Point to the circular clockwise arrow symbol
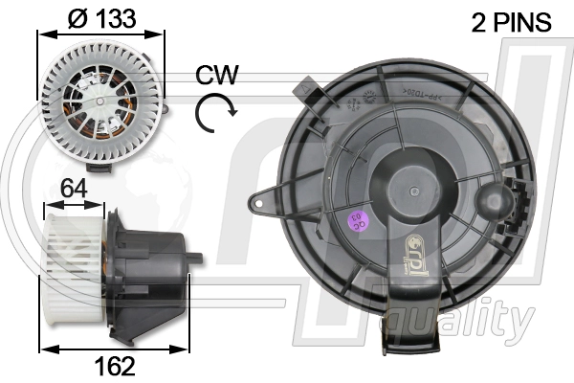tap(214, 114)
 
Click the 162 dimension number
tap(114, 365)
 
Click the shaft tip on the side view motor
tap(198, 258)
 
